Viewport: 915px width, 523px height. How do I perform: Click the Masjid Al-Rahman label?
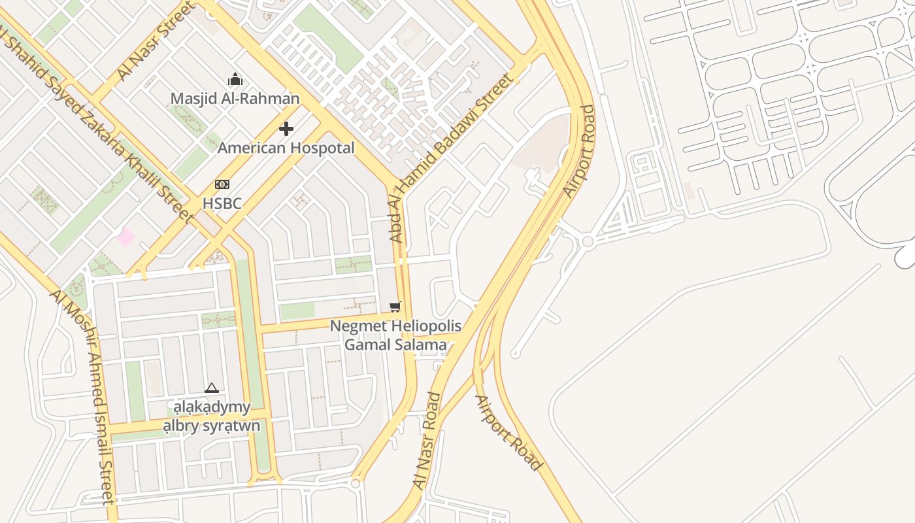point(235,99)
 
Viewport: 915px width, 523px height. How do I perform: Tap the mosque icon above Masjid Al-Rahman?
point(235,80)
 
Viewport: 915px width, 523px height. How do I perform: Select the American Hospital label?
point(286,148)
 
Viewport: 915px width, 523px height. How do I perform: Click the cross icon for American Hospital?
point(286,128)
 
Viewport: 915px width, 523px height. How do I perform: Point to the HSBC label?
point(222,203)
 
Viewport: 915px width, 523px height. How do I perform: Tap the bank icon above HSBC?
point(222,184)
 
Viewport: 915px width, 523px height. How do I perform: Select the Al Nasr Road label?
point(427,441)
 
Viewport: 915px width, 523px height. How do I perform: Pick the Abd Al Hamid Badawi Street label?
point(451,158)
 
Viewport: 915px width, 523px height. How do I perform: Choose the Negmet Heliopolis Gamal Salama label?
point(395,335)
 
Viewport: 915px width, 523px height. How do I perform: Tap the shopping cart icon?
point(395,307)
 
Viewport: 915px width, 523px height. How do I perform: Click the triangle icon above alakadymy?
point(211,388)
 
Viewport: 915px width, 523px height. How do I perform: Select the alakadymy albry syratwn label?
point(211,416)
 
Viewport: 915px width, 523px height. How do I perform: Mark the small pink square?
point(125,237)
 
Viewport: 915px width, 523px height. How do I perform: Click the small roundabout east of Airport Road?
point(587,242)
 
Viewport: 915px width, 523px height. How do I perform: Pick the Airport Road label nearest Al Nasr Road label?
point(508,433)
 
